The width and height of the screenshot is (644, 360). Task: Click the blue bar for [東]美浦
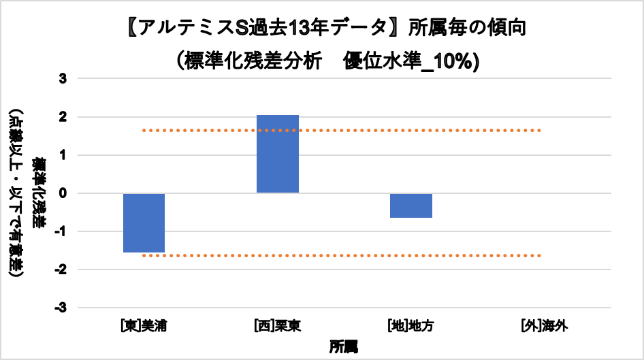pyautogui.click(x=144, y=223)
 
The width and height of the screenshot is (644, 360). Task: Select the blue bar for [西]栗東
pyautogui.click(x=277, y=154)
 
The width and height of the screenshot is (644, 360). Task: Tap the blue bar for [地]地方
pyautogui.click(x=410, y=206)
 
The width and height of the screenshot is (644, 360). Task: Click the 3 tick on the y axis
pyautogui.click(x=63, y=79)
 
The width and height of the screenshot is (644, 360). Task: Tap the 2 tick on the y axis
pyautogui.click(x=63, y=117)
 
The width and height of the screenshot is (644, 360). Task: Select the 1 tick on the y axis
pyautogui.click(x=63, y=155)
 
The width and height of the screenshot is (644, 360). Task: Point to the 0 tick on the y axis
pyautogui.click(x=63, y=193)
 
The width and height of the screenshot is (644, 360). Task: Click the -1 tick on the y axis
pyautogui.click(x=61, y=231)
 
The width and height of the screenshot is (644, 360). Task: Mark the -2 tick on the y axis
pyautogui.click(x=61, y=269)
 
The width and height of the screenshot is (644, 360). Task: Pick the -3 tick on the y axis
pyautogui.click(x=61, y=308)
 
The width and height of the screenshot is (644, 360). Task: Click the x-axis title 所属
pyautogui.click(x=344, y=346)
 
